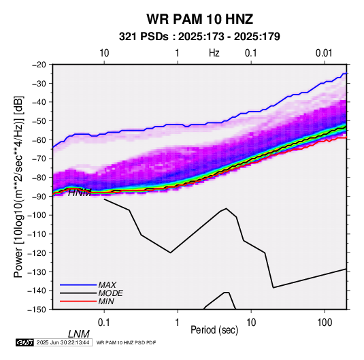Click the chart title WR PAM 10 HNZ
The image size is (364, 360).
click(x=199, y=19)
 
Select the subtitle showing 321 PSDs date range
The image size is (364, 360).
click(x=199, y=37)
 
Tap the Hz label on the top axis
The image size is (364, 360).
click(x=214, y=53)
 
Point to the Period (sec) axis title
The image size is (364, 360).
click(x=214, y=329)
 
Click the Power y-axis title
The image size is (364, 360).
click(x=18, y=186)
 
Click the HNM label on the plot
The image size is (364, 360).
click(x=80, y=193)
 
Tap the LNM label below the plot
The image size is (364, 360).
click(x=79, y=334)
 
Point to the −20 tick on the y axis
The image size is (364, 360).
click(x=39, y=65)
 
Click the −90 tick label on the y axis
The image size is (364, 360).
click(x=39, y=196)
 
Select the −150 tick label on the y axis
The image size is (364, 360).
click(x=37, y=310)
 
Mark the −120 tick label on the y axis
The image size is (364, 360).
click(x=37, y=252)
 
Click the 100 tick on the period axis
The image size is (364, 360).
click(x=325, y=323)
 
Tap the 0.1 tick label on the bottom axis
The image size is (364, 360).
click(x=104, y=323)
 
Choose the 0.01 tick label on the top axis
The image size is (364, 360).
click(x=324, y=53)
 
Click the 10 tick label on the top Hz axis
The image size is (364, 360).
click(x=104, y=53)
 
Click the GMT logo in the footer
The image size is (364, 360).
click(x=25, y=342)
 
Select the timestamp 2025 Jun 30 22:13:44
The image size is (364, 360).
click(x=63, y=342)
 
